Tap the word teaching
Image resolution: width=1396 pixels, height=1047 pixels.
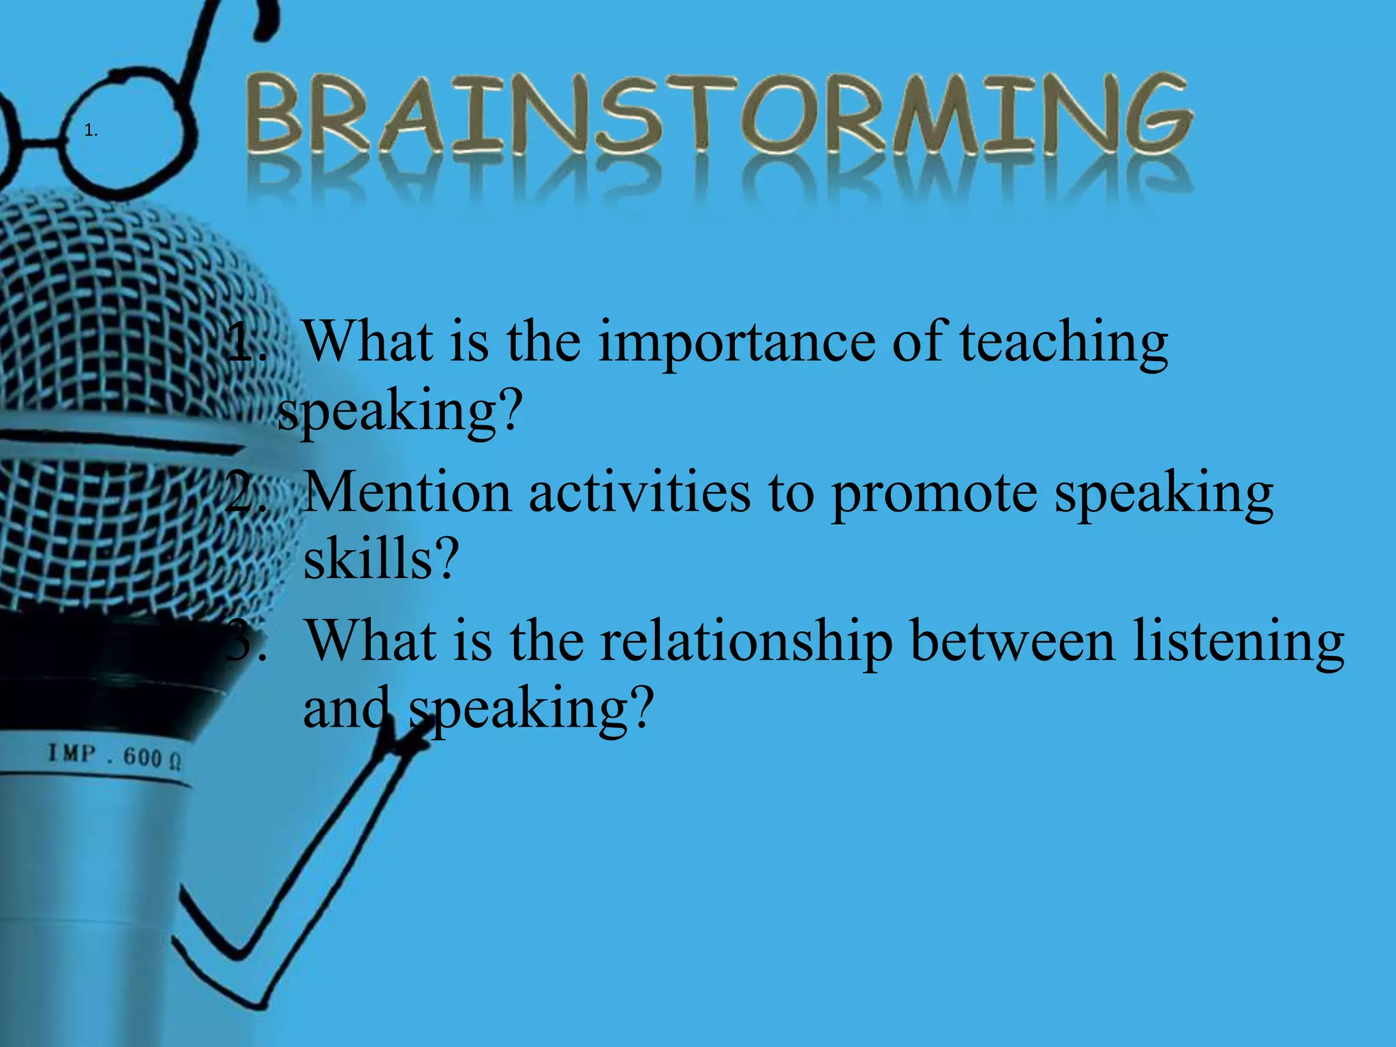pyautogui.click(x=1063, y=342)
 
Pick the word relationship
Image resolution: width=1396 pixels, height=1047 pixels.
pyautogui.click(x=746, y=642)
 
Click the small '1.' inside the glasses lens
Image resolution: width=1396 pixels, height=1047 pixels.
pyautogui.click(x=91, y=132)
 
